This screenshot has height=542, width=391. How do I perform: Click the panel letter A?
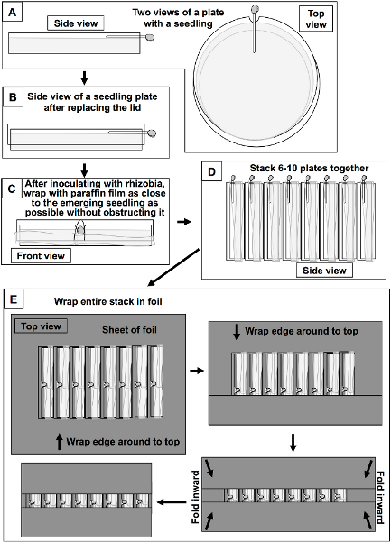click(x=12, y=14)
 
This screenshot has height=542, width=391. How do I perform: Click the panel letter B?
click(x=13, y=97)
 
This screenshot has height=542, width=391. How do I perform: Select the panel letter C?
click(x=12, y=188)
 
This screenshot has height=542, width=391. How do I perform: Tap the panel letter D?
click(x=212, y=171)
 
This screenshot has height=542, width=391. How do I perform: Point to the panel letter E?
click(x=14, y=299)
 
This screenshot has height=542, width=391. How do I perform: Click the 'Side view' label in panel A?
click(x=76, y=23)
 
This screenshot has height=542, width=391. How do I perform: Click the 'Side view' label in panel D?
click(x=324, y=271)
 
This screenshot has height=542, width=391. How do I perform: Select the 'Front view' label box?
click(x=41, y=256)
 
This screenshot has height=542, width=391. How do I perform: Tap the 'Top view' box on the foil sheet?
click(x=41, y=326)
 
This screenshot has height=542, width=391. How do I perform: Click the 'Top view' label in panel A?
click(x=316, y=19)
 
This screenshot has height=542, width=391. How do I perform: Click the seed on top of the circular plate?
click(x=255, y=8)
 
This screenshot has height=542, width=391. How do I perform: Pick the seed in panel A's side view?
click(x=150, y=37)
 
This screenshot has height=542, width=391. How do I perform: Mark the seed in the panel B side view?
click(x=152, y=133)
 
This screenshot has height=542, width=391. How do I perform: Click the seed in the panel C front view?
click(x=80, y=230)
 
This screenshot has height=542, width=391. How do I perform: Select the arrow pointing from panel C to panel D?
click(x=183, y=222)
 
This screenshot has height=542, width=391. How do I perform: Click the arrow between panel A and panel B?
click(x=84, y=78)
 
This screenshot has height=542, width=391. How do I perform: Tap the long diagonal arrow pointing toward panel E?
click(x=173, y=268)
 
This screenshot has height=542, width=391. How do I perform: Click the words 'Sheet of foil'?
click(x=129, y=330)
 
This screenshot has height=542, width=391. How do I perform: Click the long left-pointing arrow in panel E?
click(x=172, y=502)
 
